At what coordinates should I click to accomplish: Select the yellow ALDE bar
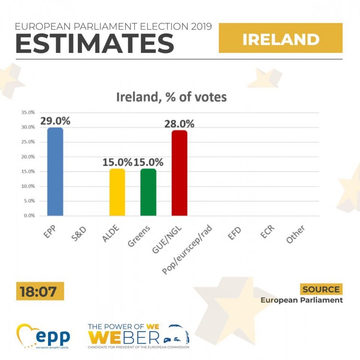[x=117, y=192]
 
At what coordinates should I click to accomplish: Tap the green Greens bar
[x=148, y=192]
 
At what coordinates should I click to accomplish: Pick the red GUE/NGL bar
[x=179, y=173]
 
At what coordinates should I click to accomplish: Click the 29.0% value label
[x=55, y=120]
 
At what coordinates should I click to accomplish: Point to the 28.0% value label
[x=179, y=123]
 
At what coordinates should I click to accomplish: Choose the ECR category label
[x=267, y=233]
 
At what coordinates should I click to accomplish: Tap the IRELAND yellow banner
[x=281, y=39]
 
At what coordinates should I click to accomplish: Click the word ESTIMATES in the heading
[x=95, y=43]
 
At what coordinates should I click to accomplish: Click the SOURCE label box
[x=322, y=289]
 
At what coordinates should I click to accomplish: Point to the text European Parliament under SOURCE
[x=302, y=300]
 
